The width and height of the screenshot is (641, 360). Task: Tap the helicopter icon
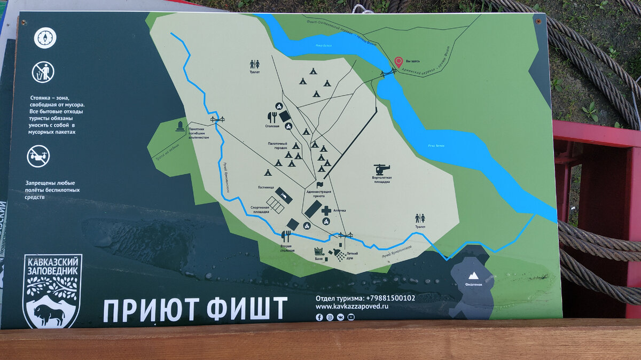(x=382, y=169)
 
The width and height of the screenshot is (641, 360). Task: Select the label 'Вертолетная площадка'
(x=382, y=179)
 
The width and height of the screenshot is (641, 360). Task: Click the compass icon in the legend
(x=45, y=38)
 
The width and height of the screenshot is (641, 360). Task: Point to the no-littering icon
(x=43, y=72)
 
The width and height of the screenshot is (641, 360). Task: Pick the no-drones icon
(x=38, y=156)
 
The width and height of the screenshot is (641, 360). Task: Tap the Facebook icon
(x=319, y=317)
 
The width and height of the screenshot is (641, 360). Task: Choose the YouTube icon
(x=351, y=317)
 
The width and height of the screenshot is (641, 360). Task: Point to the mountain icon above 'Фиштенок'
(x=472, y=276)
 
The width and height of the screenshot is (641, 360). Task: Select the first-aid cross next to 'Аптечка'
(x=326, y=210)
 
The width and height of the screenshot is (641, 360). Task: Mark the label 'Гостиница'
(x=265, y=187)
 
